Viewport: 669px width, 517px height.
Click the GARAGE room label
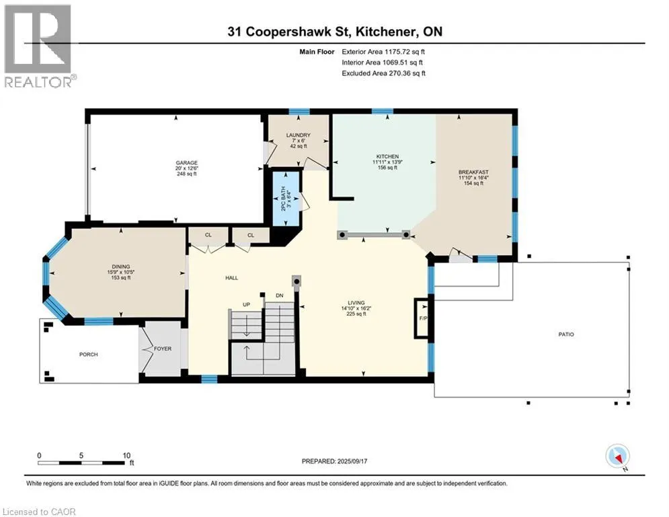(x=186, y=163)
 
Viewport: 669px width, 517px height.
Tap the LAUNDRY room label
(x=299, y=135)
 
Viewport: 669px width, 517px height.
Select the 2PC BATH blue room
(x=286, y=199)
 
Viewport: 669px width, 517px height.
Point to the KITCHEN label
(x=387, y=156)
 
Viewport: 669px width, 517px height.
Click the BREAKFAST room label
(x=473, y=172)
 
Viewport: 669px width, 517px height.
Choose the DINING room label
(x=121, y=267)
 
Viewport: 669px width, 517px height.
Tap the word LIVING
(x=356, y=302)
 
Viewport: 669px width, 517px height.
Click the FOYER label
(x=163, y=349)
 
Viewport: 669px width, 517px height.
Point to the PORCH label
(x=88, y=354)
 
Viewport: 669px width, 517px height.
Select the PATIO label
(x=566, y=334)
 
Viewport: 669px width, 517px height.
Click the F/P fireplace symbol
(x=422, y=318)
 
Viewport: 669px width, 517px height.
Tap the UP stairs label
(x=246, y=305)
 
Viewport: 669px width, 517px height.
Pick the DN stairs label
(x=280, y=296)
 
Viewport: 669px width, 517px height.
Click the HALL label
(x=232, y=278)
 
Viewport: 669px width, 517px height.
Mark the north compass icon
(x=617, y=456)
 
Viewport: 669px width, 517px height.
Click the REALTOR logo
(x=38, y=46)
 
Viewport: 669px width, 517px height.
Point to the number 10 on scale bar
(x=126, y=456)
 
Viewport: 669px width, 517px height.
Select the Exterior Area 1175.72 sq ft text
(x=383, y=52)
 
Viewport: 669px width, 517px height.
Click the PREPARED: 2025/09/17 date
(x=335, y=461)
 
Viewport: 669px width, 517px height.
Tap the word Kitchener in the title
(x=385, y=32)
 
